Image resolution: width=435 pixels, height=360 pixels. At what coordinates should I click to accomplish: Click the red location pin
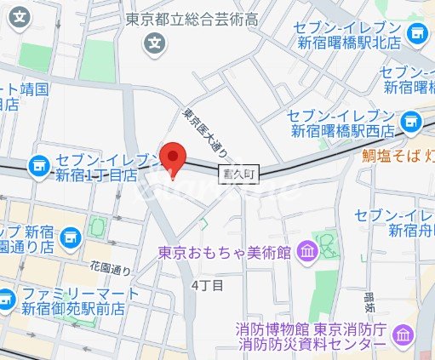pyautogui.click(x=173, y=158)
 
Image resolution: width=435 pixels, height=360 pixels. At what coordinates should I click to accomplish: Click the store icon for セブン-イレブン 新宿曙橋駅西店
pyautogui.click(x=411, y=123)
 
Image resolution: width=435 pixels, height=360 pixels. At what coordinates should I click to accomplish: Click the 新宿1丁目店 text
pyautogui.click(x=96, y=175)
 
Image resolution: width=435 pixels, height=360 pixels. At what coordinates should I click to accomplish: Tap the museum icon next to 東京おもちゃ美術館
pyautogui.click(x=306, y=252)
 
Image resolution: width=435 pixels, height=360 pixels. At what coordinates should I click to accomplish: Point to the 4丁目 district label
pyautogui.click(x=208, y=285)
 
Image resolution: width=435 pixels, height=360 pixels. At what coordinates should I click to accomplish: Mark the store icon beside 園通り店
pyautogui.click(x=70, y=232)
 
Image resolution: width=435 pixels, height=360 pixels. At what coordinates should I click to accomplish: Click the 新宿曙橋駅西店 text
pyautogui.click(x=341, y=132)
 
